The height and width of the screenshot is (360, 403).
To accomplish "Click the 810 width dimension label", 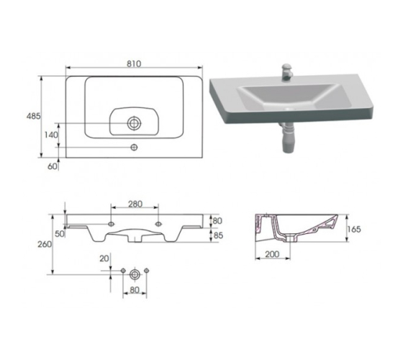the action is point(134,64).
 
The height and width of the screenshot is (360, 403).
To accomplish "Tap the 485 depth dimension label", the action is point(34,116).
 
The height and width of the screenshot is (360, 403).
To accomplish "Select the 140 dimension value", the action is point(51,135).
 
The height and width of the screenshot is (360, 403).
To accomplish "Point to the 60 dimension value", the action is point(53,166).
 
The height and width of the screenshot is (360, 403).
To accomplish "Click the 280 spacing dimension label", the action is point(135,204).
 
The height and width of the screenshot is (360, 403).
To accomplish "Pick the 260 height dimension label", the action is point(45,244).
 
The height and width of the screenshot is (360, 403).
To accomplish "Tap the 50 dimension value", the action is point(60,234).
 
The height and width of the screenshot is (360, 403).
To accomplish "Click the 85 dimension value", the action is point(218,235).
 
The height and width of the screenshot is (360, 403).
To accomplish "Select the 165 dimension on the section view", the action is point(354,229).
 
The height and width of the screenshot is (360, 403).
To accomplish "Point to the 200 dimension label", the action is point(272,254).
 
